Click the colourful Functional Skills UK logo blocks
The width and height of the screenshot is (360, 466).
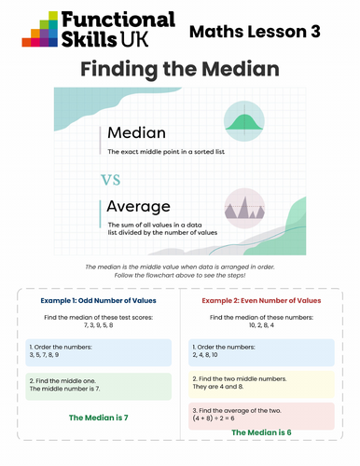pyautogui.click(x=40, y=29)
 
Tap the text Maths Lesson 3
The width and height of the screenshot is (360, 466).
pyautogui.click(x=255, y=32)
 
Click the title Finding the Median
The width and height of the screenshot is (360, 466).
pyautogui.click(x=180, y=69)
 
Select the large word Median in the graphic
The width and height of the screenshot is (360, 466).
pyautogui.click(x=136, y=132)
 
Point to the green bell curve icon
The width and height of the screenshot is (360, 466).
pyautogui.click(x=244, y=121)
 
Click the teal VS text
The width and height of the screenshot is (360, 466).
pyautogui.click(x=111, y=180)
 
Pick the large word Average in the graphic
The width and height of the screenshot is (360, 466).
pyautogui.click(x=138, y=207)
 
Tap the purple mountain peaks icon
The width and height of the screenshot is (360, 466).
pyautogui.click(x=244, y=209)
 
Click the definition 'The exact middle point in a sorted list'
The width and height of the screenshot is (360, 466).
pyautogui.click(x=166, y=152)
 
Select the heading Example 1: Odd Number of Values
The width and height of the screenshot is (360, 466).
pyautogui.click(x=98, y=300)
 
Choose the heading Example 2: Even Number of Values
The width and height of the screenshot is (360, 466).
pyautogui.click(x=261, y=300)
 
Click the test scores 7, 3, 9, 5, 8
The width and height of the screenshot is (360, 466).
pyautogui.click(x=99, y=325)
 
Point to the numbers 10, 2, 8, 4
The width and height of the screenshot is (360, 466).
pyautogui.click(x=261, y=325)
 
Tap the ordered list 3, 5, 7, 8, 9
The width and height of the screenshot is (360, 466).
pyautogui.click(x=44, y=355)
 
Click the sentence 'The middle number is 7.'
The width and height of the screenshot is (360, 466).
pyautogui.click(x=64, y=389)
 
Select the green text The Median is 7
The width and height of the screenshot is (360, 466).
pyautogui.click(x=99, y=418)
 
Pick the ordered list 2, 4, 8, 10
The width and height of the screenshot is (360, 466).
pyautogui.click(x=205, y=355)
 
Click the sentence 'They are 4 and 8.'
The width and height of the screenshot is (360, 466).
pyautogui.click(x=218, y=387)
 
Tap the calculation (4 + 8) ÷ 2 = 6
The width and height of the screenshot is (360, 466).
pyautogui.click(x=214, y=418)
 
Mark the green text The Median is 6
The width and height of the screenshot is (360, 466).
pyautogui.click(x=261, y=432)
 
